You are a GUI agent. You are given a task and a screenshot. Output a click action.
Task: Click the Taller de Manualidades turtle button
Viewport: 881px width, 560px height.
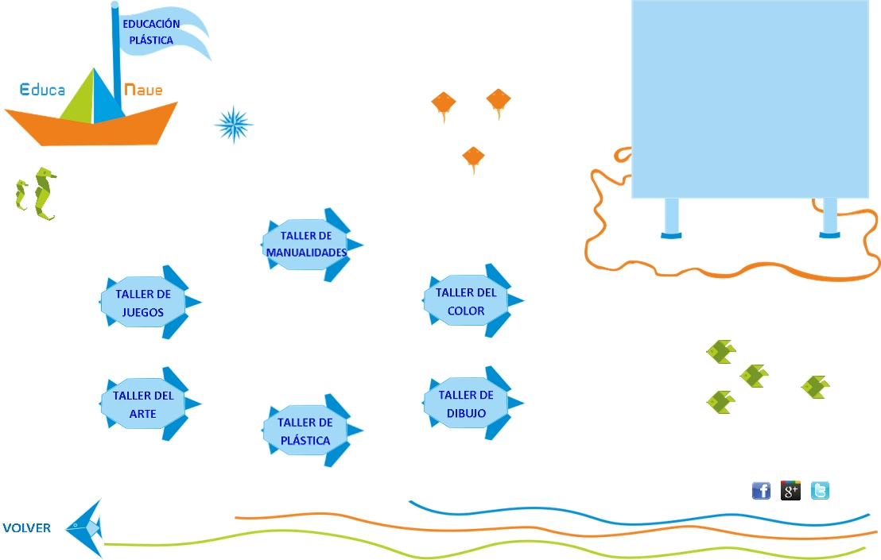[307, 244]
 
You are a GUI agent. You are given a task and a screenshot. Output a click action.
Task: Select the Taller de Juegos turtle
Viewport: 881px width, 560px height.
[144, 303]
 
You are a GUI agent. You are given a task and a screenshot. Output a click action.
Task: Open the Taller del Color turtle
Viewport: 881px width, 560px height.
[467, 301]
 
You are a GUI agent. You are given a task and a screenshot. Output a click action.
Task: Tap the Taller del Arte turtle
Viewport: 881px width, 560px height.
[144, 404]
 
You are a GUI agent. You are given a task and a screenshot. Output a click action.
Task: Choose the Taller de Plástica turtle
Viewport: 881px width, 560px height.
[306, 431]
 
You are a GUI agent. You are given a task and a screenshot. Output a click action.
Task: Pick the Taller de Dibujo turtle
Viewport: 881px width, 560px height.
[467, 404]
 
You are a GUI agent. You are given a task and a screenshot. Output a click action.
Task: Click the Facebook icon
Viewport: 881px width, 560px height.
[761, 491]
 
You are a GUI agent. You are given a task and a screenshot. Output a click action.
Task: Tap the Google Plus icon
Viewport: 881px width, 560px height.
[790, 491]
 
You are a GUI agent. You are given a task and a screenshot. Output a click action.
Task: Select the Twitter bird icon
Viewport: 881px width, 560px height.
[820, 491]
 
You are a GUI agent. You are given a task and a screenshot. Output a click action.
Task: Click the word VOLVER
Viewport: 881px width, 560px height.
[27, 527]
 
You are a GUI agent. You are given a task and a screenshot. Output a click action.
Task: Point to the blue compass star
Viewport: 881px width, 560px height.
[234, 125]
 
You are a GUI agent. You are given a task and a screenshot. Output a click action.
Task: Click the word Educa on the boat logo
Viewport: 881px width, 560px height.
[42, 90]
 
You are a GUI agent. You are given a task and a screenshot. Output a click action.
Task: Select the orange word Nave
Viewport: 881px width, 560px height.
[143, 90]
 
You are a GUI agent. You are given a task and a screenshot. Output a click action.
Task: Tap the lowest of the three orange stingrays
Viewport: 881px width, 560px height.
[473, 158]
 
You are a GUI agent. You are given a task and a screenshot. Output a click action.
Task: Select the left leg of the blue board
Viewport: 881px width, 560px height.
[672, 218]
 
